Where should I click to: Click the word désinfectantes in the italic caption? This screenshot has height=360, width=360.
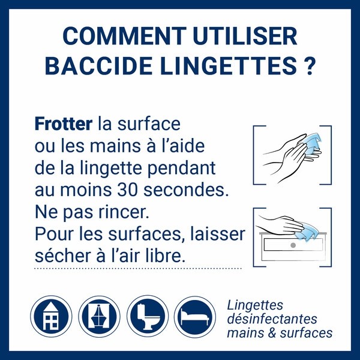(x=272, y=319)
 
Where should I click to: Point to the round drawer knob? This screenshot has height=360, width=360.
(x=292, y=245)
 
